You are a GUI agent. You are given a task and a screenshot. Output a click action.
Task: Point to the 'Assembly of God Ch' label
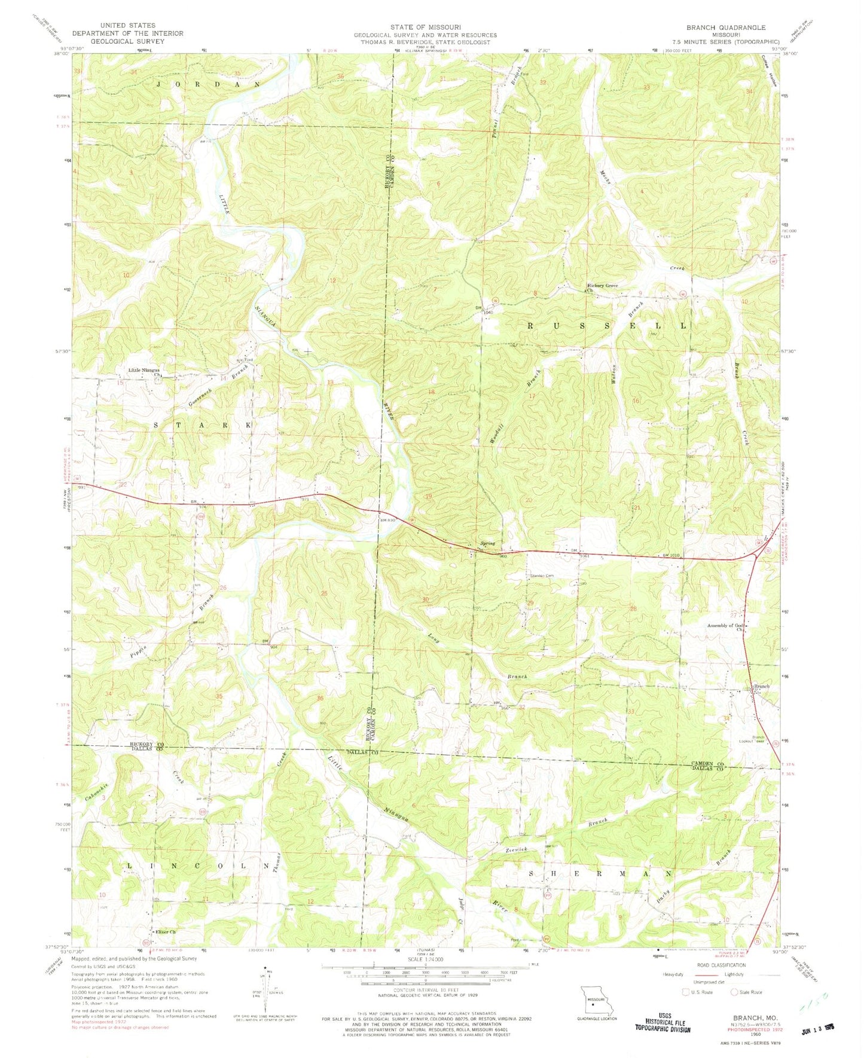(725, 626)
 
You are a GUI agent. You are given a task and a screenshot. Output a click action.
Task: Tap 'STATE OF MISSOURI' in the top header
(425, 27)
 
